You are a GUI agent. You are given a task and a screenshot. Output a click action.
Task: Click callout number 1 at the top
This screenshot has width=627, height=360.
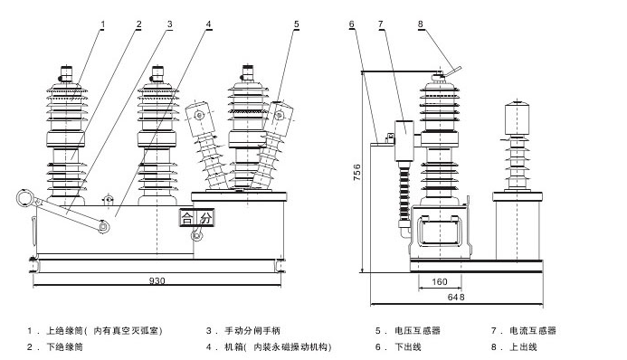click(103, 24)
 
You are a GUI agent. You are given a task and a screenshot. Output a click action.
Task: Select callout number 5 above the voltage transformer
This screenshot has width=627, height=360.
click(296, 24)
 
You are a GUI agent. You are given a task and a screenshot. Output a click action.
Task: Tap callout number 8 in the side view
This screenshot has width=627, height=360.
click(421, 24)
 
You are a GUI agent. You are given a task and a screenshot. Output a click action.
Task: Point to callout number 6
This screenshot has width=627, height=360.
click(351, 24)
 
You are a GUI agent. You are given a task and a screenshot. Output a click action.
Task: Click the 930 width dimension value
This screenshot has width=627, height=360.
click(157, 281)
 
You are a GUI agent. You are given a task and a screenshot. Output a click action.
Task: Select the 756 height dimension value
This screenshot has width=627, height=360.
click(357, 172)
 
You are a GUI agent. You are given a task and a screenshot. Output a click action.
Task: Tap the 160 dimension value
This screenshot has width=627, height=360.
click(439, 281)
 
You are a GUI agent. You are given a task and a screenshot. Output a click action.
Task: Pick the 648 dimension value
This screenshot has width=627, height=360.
click(456, 298)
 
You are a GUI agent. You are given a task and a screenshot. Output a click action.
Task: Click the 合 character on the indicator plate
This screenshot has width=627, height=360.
click(187, 218)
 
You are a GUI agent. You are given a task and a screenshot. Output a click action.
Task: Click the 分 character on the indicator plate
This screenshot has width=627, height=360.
click(206, 218)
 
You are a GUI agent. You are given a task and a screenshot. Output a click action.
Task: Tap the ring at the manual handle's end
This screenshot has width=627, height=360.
click(25, 199)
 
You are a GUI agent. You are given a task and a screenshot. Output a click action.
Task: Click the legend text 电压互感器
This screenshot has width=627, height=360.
click(417, 330)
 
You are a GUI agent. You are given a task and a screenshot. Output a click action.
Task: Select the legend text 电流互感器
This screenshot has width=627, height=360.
click(533, 330)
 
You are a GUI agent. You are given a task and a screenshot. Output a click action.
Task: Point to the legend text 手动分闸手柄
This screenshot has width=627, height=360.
click(252, 330)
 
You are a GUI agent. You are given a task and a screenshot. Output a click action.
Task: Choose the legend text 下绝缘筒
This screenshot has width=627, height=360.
click(65, 346)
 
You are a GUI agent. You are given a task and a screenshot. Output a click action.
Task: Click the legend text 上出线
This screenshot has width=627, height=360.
click(523, 346)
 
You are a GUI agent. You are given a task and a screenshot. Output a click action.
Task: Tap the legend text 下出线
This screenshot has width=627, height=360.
click(408, 346)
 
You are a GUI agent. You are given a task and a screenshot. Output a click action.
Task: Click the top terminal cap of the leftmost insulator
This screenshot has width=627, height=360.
click(66, 74)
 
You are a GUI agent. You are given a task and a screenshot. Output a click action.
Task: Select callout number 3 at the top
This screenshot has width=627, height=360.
click(169, 24)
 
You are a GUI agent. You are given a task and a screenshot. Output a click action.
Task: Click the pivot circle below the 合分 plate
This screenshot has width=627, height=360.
click(196, 235)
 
